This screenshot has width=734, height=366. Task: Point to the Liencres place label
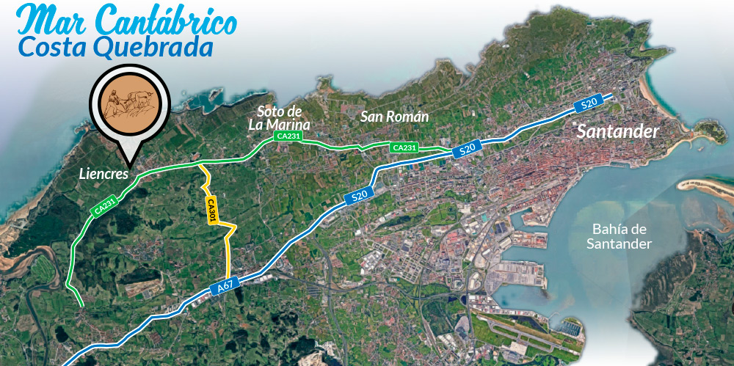click(x=103, y=175)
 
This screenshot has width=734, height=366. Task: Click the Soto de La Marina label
click(x=280, y=118)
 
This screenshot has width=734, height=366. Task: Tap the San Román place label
click(x=394, y=117)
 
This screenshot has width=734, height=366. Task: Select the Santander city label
click(x=618, y=132)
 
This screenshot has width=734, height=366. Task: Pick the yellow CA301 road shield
click(x=211, y=211)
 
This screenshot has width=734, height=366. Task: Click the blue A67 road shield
click(x=226, y=288)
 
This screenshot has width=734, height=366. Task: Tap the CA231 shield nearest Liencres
click(x=105, y=207)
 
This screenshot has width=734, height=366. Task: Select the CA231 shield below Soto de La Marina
click(x=288, y=136)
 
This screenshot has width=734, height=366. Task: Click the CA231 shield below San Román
click(x=404, y=147)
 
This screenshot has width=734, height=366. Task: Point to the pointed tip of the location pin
click(x=130, y=163)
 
